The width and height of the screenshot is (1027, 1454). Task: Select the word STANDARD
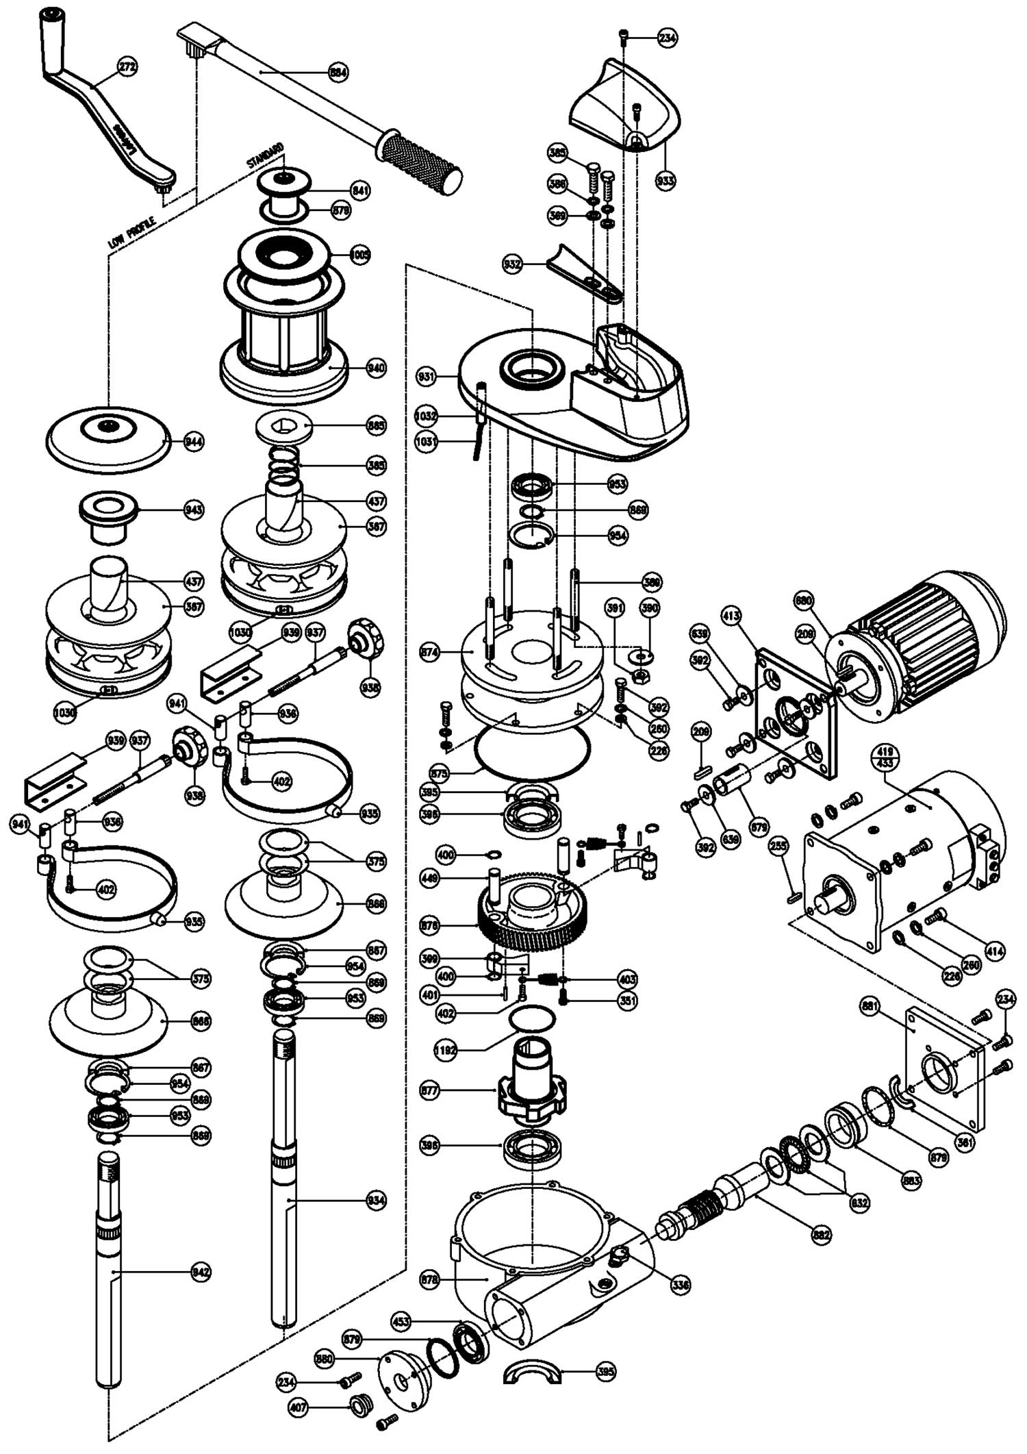(265, 155)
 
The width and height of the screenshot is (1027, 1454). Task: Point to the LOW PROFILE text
(132, 232)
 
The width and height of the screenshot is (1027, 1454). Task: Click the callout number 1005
(359, 255)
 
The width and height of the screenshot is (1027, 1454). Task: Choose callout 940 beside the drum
(376, 368)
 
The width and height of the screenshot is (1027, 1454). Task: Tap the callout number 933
(665, 181)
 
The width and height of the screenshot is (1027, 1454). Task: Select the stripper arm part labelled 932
(585, 274)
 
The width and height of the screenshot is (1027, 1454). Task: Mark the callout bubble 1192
(446, 1050)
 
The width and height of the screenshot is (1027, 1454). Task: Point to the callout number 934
(376, 1200)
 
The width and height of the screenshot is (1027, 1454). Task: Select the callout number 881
(870, 1007)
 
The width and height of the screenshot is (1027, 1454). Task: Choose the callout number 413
(731, 616)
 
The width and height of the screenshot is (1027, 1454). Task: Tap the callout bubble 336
(680, 1286)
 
